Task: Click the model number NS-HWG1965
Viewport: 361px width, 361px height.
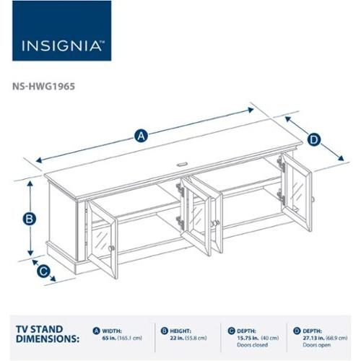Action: [x=43, y=84]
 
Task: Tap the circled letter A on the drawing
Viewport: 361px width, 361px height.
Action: [x=141, y=135]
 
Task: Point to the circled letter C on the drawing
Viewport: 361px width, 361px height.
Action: [x=43, y=271]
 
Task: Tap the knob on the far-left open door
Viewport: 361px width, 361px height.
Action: [x=113, y=248]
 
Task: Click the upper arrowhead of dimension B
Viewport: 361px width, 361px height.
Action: [x=30, y=183]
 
